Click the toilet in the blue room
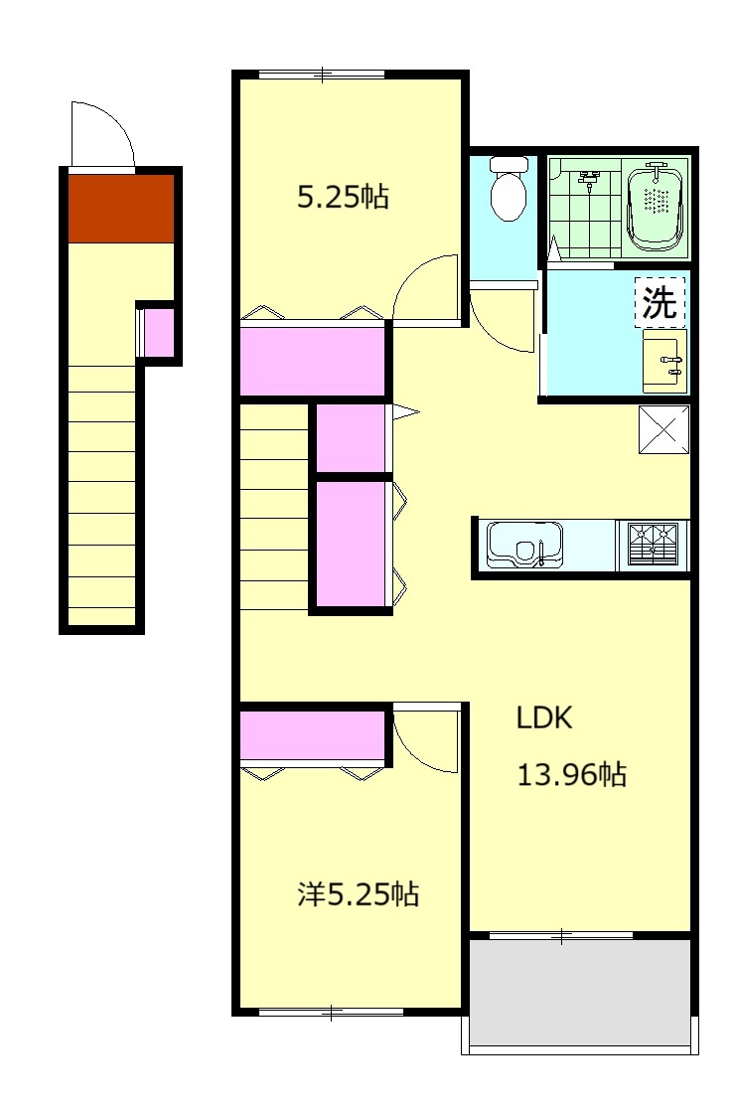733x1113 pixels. pyautogui.click(x=509, y=188)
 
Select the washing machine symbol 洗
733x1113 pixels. pyautogui.click(x=660, y=302)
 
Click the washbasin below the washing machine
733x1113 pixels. pyautogui.click(x=664, y=361)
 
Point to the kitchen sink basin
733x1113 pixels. pyautogui.click(x=524, y=546)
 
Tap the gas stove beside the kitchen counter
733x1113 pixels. pyautogui.click(x=654, y=546)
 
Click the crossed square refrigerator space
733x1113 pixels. pyautogui.click(x=664, y=429)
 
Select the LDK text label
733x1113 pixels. pyautogui.click(x=543, y=717)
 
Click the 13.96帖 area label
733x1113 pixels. pyautogui.click(x=572, y=774)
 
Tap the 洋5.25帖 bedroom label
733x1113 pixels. pyautogui.click(x=359, y=894)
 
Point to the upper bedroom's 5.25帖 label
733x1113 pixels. pyautogui.click(x=343, y=197)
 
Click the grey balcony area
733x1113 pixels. pyautogui.click(x=580, y=993)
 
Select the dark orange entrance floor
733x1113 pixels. pyautogui.click(x=121, y=209)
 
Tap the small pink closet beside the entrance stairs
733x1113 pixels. pyautogui.click(x=159, y=333)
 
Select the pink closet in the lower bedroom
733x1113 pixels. pyautogui.click(x=312, y=735)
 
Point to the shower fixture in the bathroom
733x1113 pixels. pyautogui.click(x=588, y=180)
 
